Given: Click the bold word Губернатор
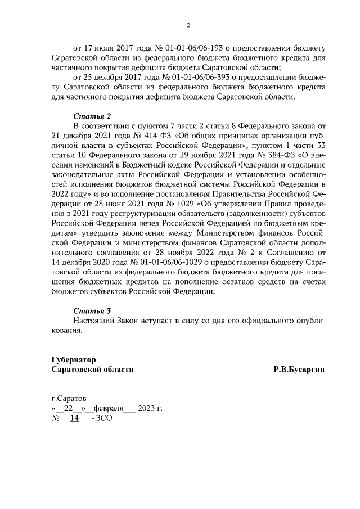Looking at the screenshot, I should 73,359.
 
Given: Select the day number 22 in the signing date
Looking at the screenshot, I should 69,408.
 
